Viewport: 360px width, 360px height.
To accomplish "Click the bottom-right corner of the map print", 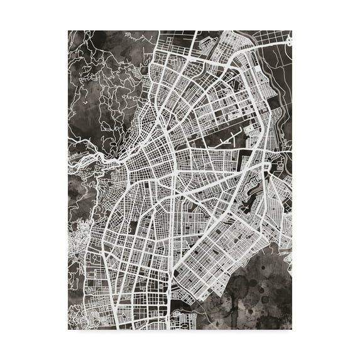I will click(x=292, y=330).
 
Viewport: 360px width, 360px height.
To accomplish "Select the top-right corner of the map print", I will click(x=292, y=30).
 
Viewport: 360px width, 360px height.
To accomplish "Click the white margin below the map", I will click(x=180, y=346).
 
